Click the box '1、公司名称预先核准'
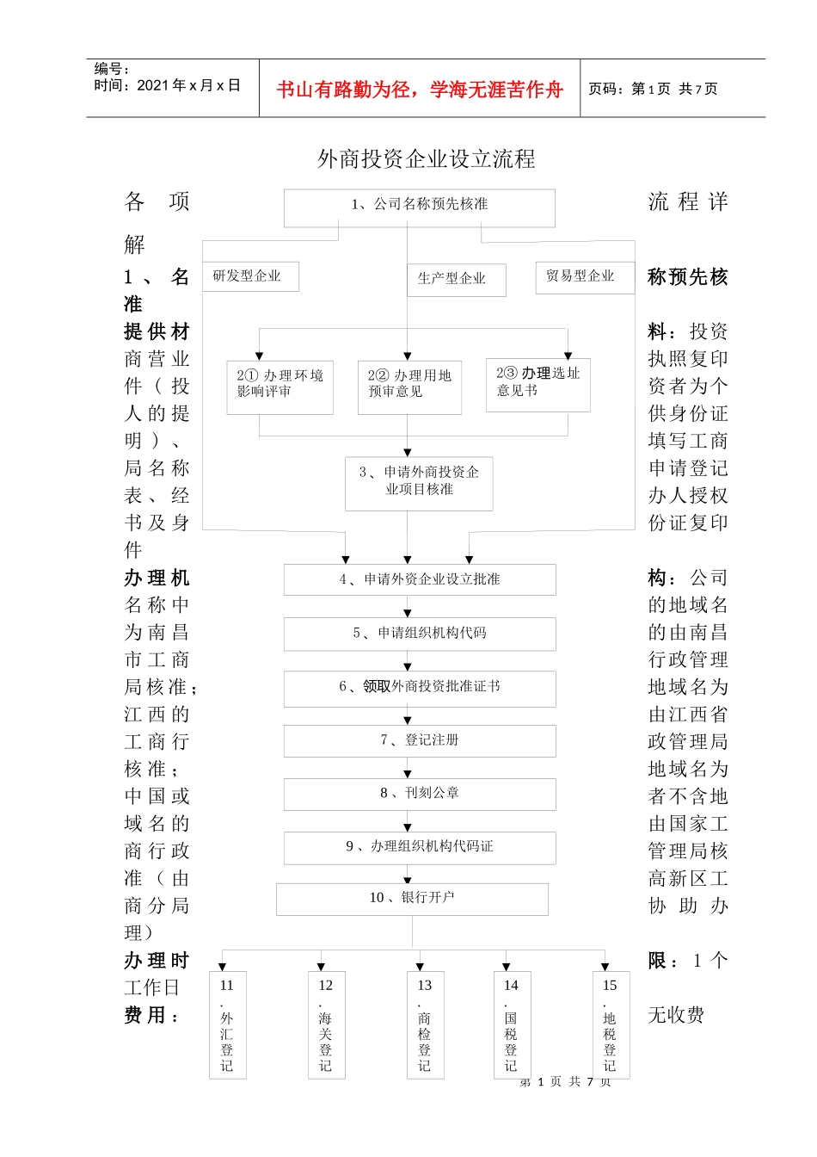[419, 207]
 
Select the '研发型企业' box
[250, 276]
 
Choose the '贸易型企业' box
[584, 277]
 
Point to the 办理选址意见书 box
[537, 384]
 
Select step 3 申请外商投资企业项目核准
[419, 483]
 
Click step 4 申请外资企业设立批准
[420, 579]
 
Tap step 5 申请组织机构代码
[420, 634]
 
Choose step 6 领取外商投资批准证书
[420, 688]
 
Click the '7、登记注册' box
[420, 740]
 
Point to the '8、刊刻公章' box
[420, 794]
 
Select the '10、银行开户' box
[412, 899]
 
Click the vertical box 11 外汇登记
[227, 1024]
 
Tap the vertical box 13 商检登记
[425, 1024]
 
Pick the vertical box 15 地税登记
[611, 1024]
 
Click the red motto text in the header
[420, 89]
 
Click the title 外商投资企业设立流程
[427, 159]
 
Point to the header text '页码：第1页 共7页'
[653, 89]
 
